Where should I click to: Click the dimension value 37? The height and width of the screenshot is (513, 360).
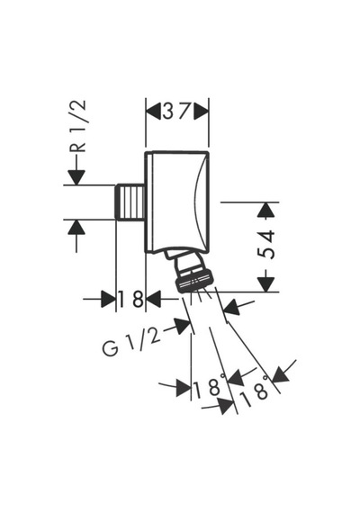click(176, 112)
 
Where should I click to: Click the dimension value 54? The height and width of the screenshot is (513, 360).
click(265, 245)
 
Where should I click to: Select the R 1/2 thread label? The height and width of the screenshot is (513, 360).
click(78, 126)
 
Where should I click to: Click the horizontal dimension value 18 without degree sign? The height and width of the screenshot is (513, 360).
click(130, 299)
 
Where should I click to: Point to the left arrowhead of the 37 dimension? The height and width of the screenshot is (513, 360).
click(154, 112)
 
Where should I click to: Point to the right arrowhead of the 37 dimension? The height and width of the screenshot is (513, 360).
click(201, 112)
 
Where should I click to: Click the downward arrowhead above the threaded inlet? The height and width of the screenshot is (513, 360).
click(76, 177)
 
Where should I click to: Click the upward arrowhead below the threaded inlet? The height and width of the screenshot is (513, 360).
click(76, 227)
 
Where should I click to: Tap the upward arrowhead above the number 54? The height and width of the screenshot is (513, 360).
click(265, 210)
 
